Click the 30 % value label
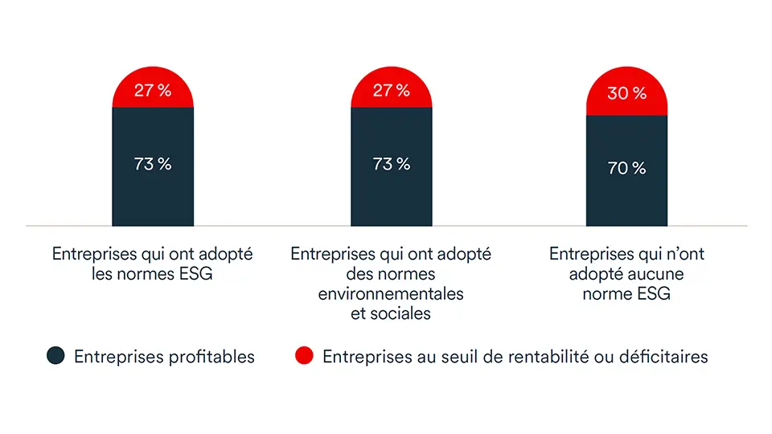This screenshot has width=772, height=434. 626,94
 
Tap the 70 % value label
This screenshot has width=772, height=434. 626,168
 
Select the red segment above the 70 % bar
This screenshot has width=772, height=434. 626,104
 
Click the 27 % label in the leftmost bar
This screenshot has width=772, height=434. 153,90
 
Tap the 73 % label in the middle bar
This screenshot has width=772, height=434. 392,164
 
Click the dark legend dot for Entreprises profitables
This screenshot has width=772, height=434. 55,356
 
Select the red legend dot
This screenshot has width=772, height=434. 303,356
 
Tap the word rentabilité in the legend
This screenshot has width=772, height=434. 522,357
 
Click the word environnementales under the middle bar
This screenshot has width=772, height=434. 391,294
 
